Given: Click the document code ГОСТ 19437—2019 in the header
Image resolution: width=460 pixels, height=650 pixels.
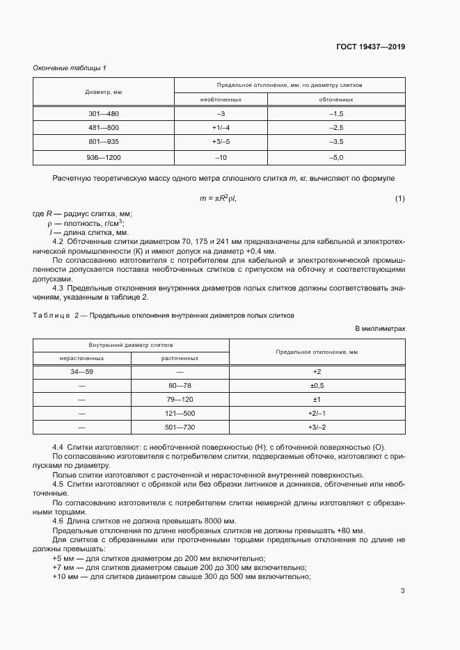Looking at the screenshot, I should point(370,47).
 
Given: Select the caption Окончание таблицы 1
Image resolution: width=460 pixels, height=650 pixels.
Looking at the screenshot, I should point(70,67).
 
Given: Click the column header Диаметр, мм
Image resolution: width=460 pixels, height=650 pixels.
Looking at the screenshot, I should point(104,92).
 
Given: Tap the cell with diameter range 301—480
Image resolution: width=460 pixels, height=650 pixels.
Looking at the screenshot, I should point(104,113).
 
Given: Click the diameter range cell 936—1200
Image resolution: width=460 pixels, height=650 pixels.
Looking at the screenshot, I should point(104,158).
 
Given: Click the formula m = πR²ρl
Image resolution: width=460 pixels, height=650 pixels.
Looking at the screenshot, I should point(218,199).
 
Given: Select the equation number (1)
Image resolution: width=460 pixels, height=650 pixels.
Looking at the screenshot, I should point(399,200).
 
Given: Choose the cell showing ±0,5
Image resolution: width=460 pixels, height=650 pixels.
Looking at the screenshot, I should point(317,386).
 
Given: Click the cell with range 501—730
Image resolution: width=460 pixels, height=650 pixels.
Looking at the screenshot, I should point(180,427).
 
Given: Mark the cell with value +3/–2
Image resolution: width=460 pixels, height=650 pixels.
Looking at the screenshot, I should point(317,427).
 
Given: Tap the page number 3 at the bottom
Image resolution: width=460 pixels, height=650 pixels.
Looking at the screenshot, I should point(402,591).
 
